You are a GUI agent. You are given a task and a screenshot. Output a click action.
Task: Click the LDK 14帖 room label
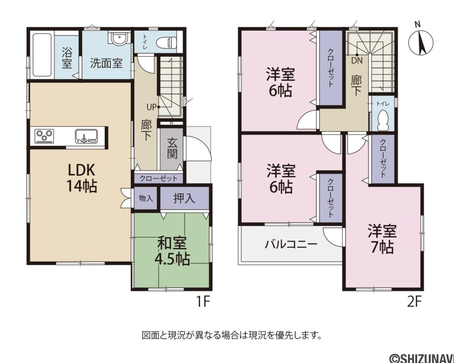pos(82,178)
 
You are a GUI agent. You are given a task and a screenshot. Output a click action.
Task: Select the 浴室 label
pos(67,58)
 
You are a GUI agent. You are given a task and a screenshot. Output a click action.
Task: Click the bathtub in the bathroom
pos(42,55)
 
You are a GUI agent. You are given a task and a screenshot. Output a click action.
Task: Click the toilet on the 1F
pos(166,43)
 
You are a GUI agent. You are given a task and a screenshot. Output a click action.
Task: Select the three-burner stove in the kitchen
pos(44,136)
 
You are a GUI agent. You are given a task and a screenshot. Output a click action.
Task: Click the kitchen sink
pos(86,136)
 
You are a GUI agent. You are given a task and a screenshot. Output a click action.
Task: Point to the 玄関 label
pos(172,148)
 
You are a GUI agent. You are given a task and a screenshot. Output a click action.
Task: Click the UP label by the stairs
pos(151,107)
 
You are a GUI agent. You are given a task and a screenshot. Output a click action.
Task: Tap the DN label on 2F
pos(357,61)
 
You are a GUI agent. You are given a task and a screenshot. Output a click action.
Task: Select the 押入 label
pos(184,198)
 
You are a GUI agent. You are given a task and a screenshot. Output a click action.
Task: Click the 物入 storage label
pos(145,198)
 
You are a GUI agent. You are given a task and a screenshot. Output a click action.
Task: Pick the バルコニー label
pos(291,245)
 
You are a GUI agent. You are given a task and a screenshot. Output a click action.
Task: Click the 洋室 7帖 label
pos(382,239)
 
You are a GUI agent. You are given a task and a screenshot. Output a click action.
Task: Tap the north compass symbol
pos(421,40)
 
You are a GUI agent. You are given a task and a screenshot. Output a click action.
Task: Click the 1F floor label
pos(203,302)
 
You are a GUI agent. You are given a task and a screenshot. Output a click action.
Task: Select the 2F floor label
pos(414,302)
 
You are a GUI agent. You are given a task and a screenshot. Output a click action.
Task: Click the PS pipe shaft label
pos(172,123)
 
